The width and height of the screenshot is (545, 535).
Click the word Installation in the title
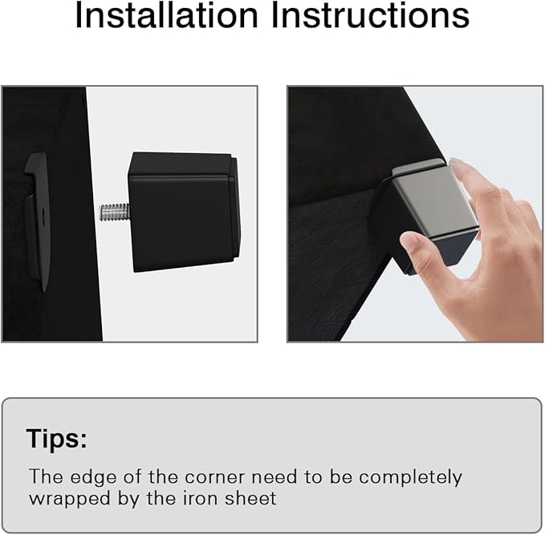(x=166, y=15)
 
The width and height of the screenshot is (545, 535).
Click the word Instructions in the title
(x=370, y=15)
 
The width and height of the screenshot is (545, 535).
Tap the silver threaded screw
(x=115, y=212)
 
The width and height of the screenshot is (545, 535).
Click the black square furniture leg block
(x=184, y=212)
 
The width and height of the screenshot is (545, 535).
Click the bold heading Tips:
(x=57, y=439)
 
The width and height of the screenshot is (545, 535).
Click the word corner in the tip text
(x=215, y=477)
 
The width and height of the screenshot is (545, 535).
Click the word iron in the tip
(x=198, y=498)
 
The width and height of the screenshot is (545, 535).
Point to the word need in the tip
(x=275, y=476)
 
